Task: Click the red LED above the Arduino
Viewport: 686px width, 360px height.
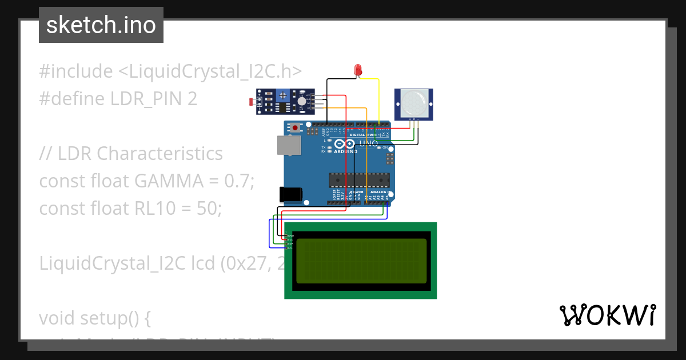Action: click(x=358, y=70)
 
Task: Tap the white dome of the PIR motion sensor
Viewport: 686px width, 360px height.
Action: click(x=413, y=103)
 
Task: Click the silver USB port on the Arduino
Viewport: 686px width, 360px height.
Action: click(x=288, y=145)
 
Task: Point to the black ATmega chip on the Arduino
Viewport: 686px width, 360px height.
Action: click(x=358, y=180)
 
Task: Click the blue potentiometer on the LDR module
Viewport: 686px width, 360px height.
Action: click(x=301, y=101)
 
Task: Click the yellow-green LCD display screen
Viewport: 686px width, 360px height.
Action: click(x=361, y=261)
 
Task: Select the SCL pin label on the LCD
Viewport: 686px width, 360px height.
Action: click(x=290, y=248)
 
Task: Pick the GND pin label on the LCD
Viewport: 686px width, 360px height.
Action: click(x=290, y=235)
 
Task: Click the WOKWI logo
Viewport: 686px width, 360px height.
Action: click(x=607, y=315)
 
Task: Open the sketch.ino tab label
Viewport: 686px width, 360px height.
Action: click(x=101, y=25)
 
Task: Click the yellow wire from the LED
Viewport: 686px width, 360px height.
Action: click(x=378, y=97)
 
